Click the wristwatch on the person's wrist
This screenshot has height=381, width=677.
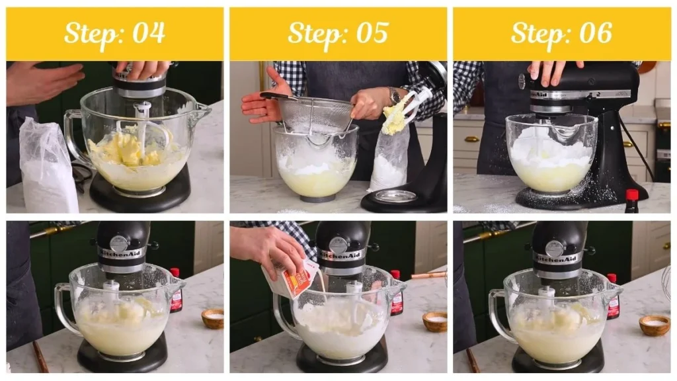(395, 96)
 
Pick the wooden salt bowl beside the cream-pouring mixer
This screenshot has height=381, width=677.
(434, 321)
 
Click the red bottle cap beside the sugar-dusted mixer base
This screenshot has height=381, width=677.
(632, 194)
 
